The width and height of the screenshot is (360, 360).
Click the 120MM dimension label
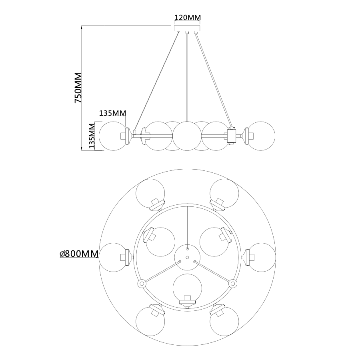click(x=187, y=18)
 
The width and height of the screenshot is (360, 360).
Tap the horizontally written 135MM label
click(x=112, y=113)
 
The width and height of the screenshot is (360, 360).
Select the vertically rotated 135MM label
click(x=92, y=136)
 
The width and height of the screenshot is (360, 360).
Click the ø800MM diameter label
click(x=79, y=254)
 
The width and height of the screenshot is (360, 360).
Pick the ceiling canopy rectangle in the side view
click(x=187, y=28)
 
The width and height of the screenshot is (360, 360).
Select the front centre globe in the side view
click(x=187, y=136)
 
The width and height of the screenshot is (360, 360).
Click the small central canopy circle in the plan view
click(x=187, y=256)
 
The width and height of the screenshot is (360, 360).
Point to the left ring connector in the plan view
click(x=141, y=283)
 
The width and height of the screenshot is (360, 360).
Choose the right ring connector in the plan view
click(x=232, y=283)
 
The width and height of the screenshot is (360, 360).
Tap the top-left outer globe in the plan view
click(x=150, y=194)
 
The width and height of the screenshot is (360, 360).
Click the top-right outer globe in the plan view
click(x=224, y=194)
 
